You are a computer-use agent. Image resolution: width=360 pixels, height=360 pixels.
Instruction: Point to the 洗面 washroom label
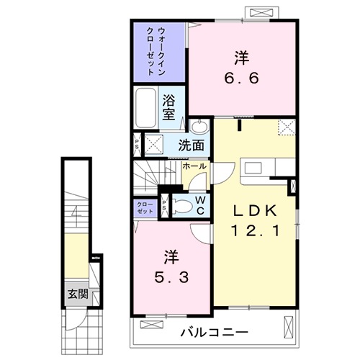(191, 144)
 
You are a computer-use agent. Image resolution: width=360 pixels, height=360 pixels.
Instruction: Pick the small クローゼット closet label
(145, 207)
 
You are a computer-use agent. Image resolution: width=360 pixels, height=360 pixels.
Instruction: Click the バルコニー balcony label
(213, 332)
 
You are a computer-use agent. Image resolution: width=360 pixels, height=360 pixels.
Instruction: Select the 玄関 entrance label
(78, 293)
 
